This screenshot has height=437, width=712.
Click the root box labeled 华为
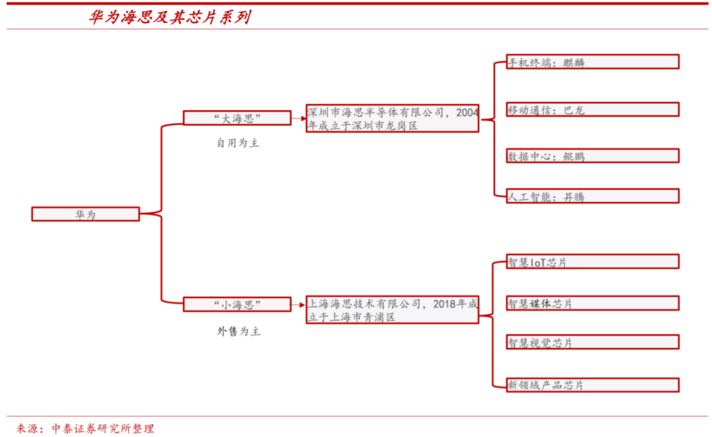click(85, 214)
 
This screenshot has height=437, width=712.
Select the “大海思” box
click(237, 118)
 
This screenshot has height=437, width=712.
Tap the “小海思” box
click(237, 304)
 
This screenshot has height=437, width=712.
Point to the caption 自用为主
click(238, 142)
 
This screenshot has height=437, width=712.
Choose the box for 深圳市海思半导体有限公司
click(392, 118)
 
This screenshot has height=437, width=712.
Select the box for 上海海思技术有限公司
click(392, 310)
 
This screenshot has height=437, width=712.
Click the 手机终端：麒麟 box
click(593, 62)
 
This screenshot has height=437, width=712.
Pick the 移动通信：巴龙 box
click(593, 109)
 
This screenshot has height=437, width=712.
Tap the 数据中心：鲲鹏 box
click(593, 156)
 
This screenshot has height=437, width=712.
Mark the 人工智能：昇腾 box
click(593, 196)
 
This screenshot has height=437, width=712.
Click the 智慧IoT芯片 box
click(593, 261)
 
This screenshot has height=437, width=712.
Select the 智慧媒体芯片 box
click(593, 303)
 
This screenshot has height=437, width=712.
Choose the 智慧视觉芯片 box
click(593, 342)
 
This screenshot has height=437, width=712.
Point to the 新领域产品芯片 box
click(593, 385)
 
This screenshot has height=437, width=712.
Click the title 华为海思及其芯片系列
click(169, 18)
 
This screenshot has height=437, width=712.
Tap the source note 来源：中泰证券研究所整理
click(85, 428)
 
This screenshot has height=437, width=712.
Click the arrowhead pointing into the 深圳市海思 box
click(302, 119)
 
